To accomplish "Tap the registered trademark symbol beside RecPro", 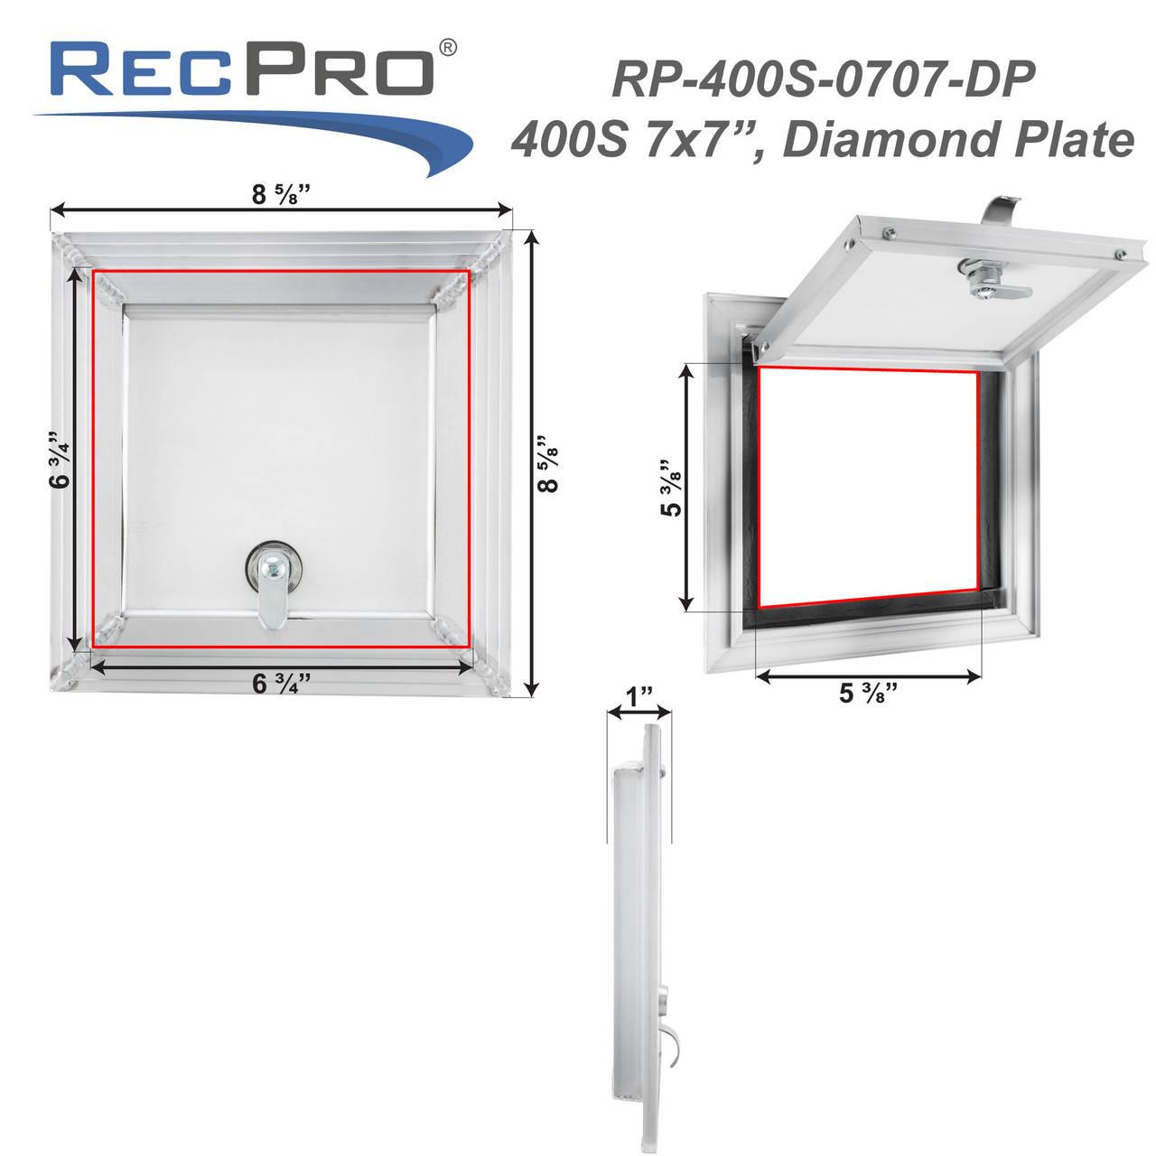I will pos(447,47).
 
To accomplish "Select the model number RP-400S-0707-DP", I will pos(823,79).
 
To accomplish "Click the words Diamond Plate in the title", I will pos(958,140).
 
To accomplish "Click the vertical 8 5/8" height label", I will pos(547,464).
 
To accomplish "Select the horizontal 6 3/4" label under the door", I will pos(281,684).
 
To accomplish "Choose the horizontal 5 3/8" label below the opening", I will pos(868,693).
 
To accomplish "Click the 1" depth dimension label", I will pos(639,697).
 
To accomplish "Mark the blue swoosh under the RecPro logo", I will pos(361,135).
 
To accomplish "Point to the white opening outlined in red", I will pos(867,488).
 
